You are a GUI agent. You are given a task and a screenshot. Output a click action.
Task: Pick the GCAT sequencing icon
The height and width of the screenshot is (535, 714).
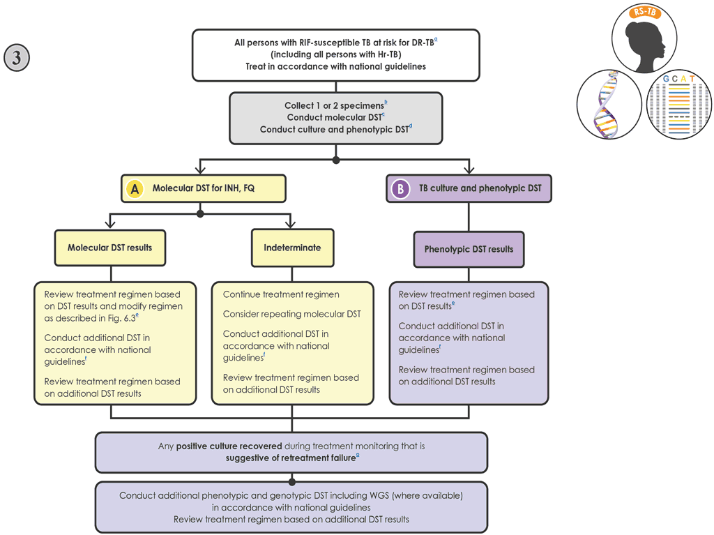(678, 105)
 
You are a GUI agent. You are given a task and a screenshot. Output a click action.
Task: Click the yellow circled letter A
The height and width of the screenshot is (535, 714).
(135, 188)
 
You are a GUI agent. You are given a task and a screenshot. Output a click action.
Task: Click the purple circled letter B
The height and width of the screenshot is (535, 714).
(400, 188)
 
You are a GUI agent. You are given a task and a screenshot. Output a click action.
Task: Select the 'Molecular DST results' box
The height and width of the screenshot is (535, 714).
(110, 248)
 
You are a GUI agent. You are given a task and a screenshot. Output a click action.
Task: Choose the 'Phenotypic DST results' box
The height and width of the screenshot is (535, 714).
(469, 249)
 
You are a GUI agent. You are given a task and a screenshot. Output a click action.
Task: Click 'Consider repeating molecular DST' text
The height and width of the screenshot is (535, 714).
(291, 315)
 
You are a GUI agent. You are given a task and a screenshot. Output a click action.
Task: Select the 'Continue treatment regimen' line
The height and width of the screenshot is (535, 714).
(281, 294)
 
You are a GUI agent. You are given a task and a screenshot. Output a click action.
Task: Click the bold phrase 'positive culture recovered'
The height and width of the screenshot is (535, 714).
(229, 446)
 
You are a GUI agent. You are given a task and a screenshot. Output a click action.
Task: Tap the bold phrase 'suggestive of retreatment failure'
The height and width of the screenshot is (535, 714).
(290, 458)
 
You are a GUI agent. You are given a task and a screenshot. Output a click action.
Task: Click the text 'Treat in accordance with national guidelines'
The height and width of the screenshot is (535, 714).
(335, 66)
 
